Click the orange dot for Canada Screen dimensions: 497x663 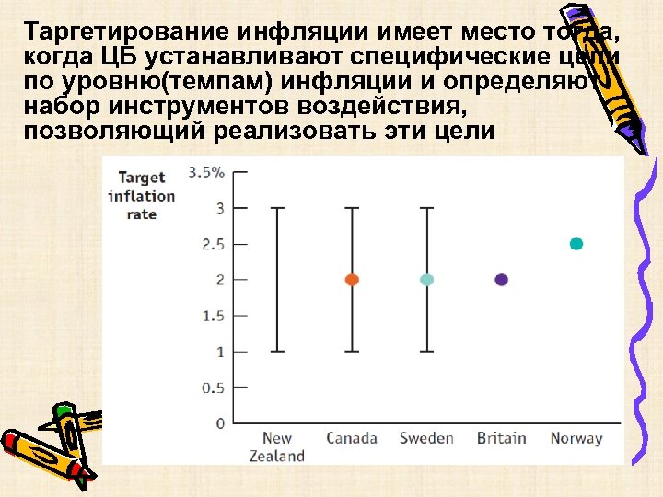pos(352,280)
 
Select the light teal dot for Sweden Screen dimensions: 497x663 pos(426,280)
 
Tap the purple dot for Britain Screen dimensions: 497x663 pos(502,280)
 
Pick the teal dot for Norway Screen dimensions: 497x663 pos(576,244)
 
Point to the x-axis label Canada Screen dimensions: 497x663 pos(352,438)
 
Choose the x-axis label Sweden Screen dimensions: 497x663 pos(426,438)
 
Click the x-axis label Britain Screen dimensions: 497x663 pos(502,438)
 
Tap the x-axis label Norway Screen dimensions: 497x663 pos(576,438)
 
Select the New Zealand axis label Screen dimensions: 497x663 pos(277,446)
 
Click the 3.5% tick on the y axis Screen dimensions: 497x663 pos(205,172)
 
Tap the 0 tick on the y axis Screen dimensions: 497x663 pos(219,423)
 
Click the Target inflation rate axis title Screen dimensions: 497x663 pos(141,195)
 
